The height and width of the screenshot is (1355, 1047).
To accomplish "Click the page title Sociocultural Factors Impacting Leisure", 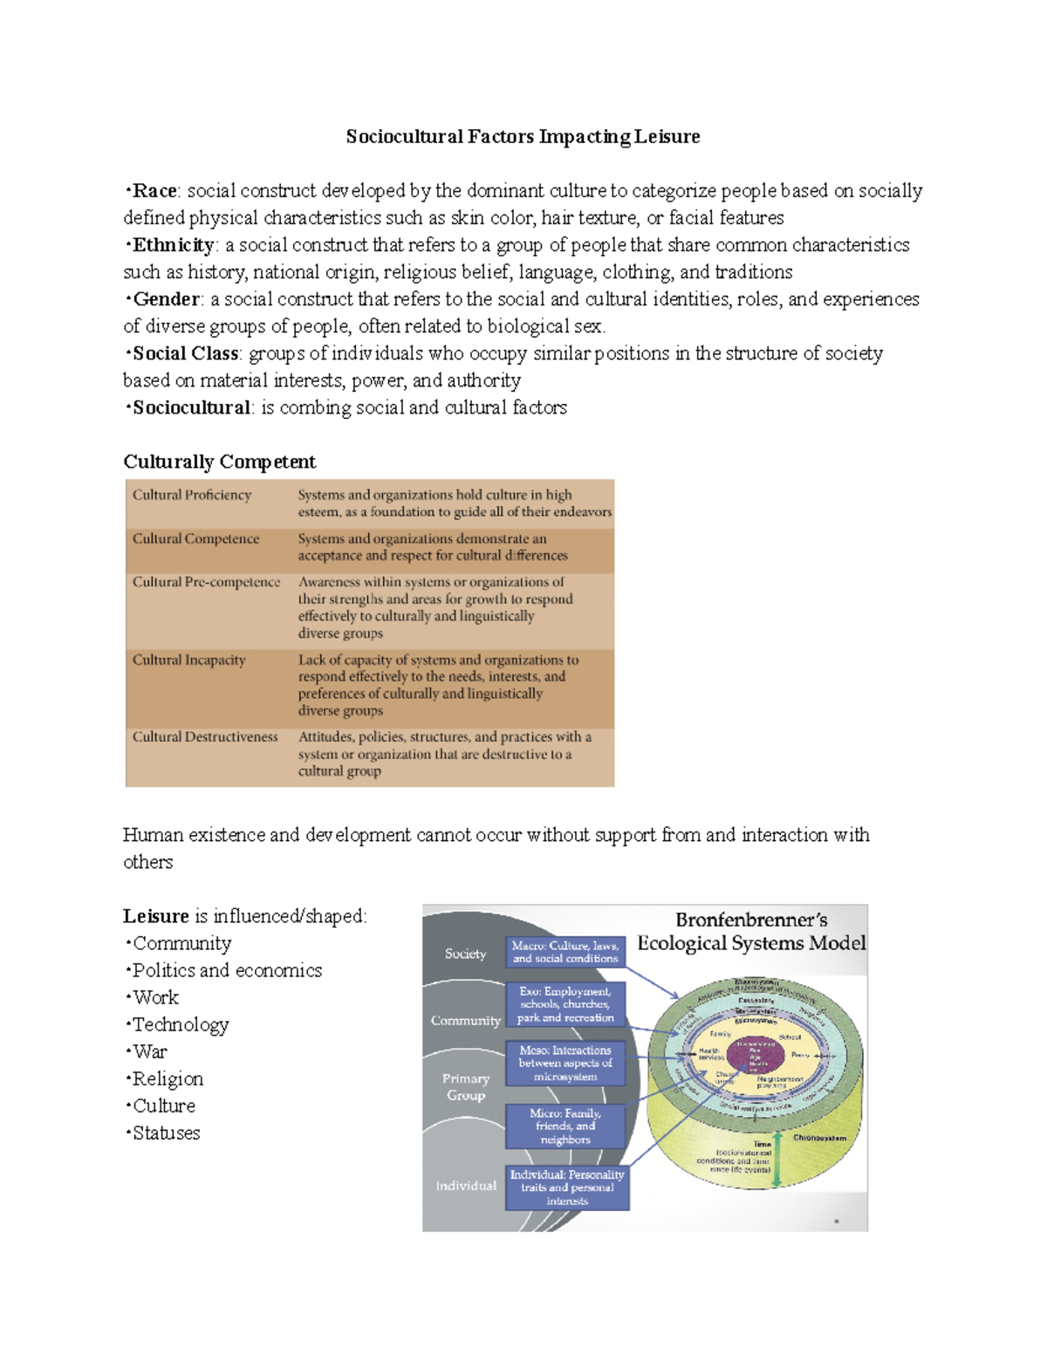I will coord(523,137).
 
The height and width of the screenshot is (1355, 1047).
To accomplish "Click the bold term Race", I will coord(154,191).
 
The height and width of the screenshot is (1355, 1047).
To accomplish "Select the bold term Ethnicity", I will coord(173,245).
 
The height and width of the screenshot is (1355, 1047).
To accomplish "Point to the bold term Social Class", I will coord(185,353).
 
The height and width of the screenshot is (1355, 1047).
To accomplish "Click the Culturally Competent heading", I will coord(219,462).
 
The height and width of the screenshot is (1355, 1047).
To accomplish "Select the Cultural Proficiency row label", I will coord(192,495).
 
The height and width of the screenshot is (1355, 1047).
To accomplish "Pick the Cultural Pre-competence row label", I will coord(206,582).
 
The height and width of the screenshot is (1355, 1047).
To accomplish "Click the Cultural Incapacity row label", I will coord(188,660).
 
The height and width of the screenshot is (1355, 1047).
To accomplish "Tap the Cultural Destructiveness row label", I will coord(205,736).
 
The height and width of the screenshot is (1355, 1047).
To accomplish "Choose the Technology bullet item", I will coord(180,1024).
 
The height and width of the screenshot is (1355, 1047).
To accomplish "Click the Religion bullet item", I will coord(168,1078).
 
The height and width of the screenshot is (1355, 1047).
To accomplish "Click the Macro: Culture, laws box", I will coord(565,952).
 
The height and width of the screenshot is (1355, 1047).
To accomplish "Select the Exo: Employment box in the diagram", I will coord(565,1004).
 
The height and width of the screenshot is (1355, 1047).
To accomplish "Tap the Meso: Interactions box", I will coord(565,1063).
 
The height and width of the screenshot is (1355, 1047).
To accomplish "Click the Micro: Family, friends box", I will coord(565,1126).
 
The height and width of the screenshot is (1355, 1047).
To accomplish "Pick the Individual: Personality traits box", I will coord(567,1187).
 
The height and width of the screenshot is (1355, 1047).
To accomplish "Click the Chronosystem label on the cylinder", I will coord(819,1138).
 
